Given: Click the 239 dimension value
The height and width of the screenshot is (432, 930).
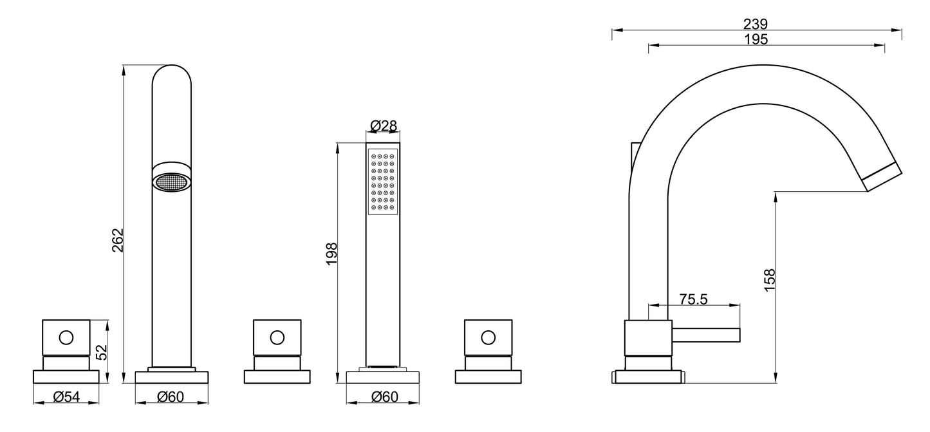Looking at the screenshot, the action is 756,24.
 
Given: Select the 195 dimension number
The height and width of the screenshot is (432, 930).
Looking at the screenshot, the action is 756,39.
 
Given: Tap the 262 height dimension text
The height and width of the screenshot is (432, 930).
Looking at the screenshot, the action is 118,240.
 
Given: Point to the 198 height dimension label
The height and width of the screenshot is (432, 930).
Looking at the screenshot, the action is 331,254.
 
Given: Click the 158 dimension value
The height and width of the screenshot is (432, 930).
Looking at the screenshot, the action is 769,280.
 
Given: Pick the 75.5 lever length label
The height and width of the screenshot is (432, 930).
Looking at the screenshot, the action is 693,299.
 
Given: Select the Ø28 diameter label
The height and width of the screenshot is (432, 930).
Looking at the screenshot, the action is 384,126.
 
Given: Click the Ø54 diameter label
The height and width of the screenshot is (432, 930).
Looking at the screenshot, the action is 66,397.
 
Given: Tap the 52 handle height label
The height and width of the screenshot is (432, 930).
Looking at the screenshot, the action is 101,352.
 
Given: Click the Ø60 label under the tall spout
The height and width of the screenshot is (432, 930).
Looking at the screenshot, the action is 170,397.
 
